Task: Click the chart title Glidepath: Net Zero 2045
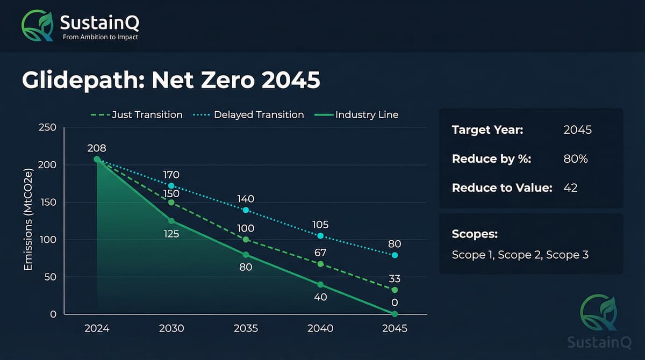(x=171, y=81)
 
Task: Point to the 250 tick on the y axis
(x=48, y=127)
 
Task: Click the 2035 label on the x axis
(x=246, y=328)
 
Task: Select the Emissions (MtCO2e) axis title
(x=30, y=220)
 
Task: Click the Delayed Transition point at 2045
(x=395, y=255)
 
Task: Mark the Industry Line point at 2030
(x=171, y=221)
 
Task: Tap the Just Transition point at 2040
(x=320, y=264)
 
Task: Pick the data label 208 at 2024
(x=97, y=147)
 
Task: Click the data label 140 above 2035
(x=246, y=199)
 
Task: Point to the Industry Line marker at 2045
(x=395, y=314)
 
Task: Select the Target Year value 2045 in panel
(x=577, y=130)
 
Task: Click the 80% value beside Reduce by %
(x=575, y=159)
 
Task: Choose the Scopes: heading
(x=475, y=235)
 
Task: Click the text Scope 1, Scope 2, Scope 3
(x=520, y=255)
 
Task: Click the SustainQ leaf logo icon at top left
(x=37, y=26)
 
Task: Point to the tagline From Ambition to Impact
(x=100, y=37)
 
